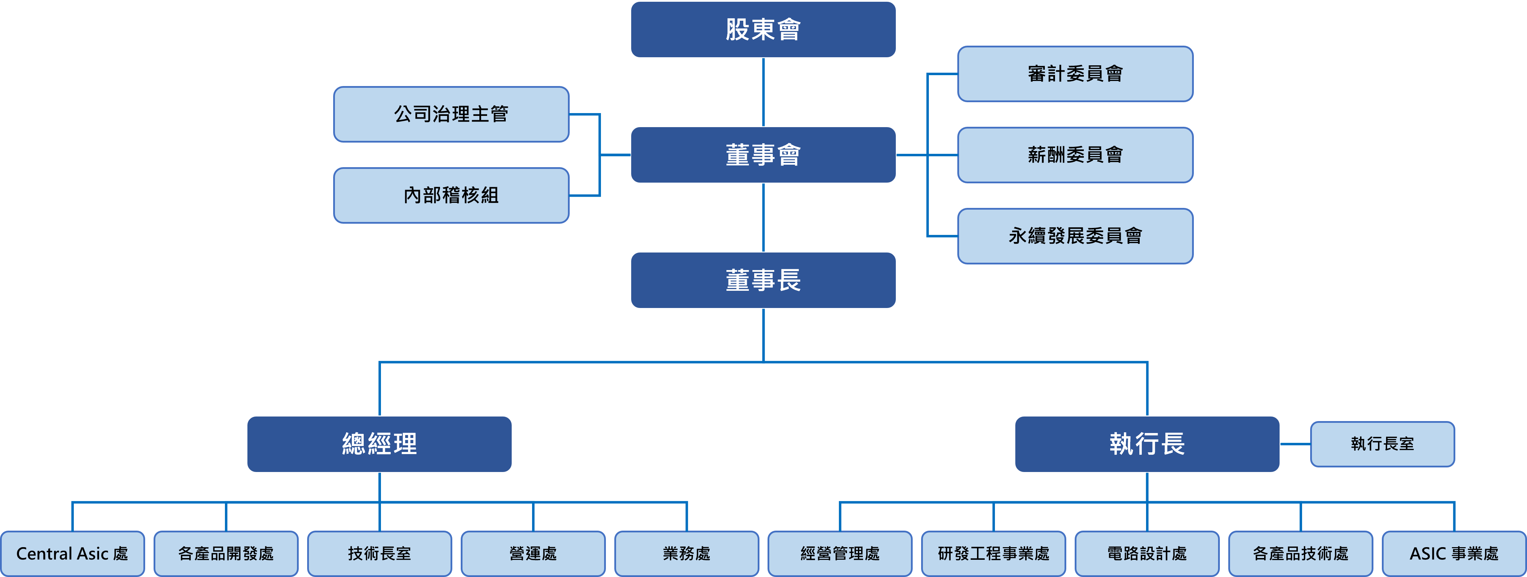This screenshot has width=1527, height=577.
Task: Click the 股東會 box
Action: click(763, 29)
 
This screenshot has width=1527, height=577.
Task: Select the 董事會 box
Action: click(763, 155)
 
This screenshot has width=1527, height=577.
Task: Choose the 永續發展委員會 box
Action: click(1075, 236)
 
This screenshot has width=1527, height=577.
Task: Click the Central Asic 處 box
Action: click(72, 554)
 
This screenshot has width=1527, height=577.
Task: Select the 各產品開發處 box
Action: click(226, 554)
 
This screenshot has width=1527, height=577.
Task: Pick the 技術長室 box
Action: click(380, 554)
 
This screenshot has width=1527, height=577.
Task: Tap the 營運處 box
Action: click(533, 554)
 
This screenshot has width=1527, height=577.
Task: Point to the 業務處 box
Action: click(686, 554)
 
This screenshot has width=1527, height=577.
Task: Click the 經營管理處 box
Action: click(840, 554)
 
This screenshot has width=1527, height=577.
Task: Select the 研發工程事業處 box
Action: click(994, 554)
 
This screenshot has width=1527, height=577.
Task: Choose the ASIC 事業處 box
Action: click(1454, 554)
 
